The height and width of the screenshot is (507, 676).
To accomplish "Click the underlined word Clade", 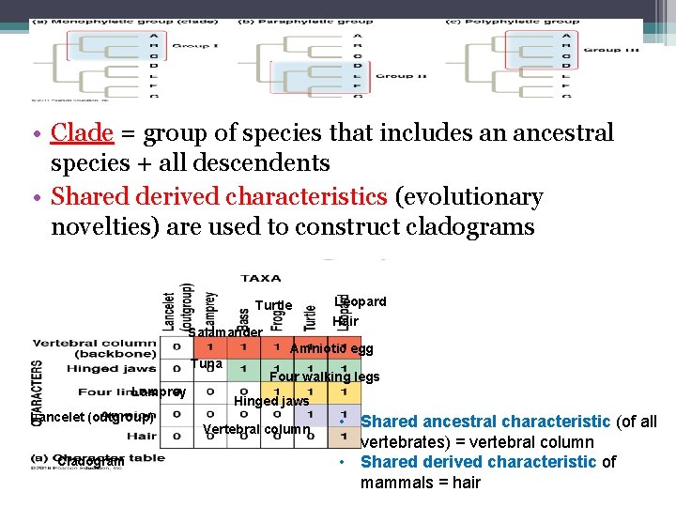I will pyautogui.click(x=83, y=133).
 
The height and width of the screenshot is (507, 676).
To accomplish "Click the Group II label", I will pyautogui.click(x=401, y=76).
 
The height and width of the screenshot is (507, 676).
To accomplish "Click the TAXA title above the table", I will pyautogui.click(x=261, y=278).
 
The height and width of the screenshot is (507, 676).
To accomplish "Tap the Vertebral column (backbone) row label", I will pyautogui.click(x=94, y=348).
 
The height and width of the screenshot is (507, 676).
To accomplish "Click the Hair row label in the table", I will pyautogui.click(x=141, y=436).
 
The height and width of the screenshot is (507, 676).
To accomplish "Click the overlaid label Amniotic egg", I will pyautogui.click(x=331, y=349).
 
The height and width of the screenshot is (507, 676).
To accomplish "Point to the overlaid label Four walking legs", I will pyautogui.click(x=325, y=377).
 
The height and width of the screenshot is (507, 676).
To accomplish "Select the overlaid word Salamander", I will pyautogui.click(x=224, y=332).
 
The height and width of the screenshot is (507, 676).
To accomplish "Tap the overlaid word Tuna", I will pyautogui.click(x=206, y=363).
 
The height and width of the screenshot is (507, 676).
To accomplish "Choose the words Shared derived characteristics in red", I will pyautogui.click(x=219, y=197).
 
